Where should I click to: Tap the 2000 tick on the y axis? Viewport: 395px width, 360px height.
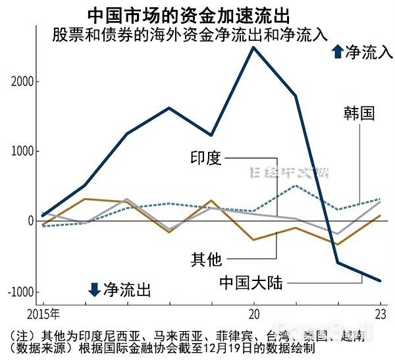23,82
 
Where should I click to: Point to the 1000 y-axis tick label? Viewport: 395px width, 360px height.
23,151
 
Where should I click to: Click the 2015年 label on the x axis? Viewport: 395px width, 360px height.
45,312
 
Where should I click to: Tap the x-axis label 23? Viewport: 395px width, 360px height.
380,312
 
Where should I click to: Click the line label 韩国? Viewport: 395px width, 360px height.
358,113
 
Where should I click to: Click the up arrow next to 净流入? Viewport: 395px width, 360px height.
337,51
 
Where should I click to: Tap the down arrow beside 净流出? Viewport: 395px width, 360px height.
93,289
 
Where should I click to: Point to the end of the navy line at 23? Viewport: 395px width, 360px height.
380,280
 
